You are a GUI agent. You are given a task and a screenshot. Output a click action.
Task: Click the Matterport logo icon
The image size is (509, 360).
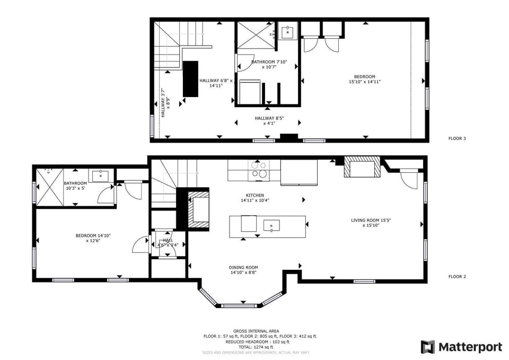[x=428, y=347]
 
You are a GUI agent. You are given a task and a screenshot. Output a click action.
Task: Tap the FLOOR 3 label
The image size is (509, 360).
[x=457, y=139]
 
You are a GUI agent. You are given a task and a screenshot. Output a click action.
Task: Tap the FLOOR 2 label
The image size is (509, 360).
[x=457, y=276]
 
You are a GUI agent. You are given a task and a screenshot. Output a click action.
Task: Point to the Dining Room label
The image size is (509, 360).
[x=244, y=270]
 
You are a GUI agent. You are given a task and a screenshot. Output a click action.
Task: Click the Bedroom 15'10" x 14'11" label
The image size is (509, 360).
[x=365, y=79]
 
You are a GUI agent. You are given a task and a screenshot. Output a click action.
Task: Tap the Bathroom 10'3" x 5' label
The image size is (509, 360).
[x=76, y=186]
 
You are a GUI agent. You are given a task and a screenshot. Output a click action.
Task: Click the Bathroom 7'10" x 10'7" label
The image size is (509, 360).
[x=269, y=64]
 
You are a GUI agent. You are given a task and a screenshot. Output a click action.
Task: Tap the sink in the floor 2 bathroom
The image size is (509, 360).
[x=100, y=175]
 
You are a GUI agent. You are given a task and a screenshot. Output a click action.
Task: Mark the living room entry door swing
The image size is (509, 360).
[x=409, y=179]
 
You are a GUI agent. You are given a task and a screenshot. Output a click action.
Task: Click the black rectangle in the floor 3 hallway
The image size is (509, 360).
[x=190, y=78]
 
